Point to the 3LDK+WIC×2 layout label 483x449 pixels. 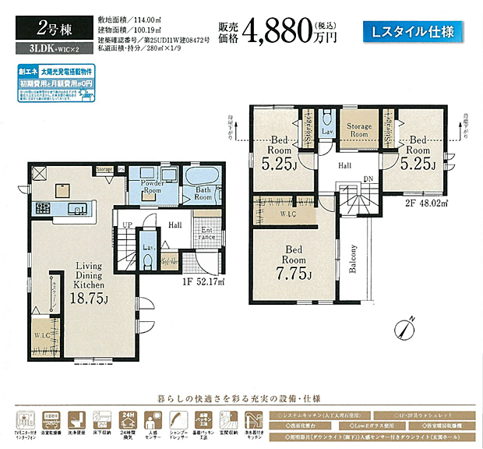tap(44, 49)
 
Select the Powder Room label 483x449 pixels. tap(152, 188)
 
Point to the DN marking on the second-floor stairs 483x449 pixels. tap(367, 179)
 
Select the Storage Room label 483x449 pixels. tap(359, 130)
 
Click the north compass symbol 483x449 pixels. tap(404, 327)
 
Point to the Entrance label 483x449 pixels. tap(208, 234)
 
